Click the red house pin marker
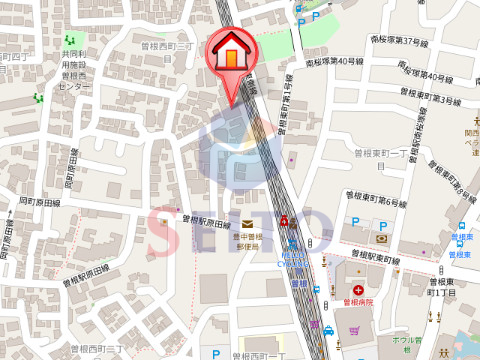click(230, 55)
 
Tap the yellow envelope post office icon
click(246, 223)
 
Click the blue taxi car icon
click(329, 329)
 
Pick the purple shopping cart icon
click(353, 329)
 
